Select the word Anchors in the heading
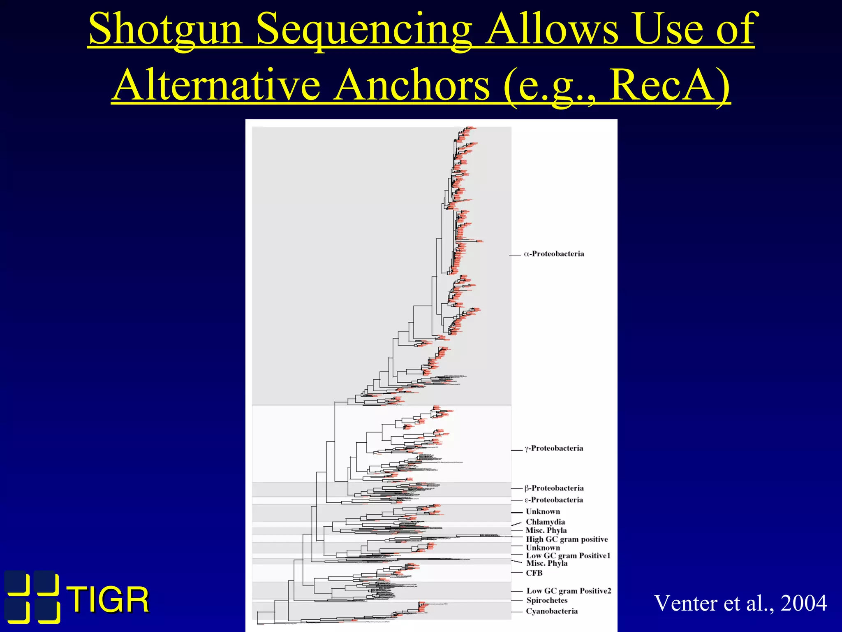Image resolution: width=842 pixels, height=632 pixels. pyautogui.click(x=411, y=86)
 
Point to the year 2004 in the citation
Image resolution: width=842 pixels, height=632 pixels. pyautogui.click(x=803, y=603)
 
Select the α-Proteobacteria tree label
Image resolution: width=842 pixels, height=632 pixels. pyautogui.click(x=554, y=254)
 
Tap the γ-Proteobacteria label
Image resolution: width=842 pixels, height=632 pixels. pyautogui.click(x=553, y=448)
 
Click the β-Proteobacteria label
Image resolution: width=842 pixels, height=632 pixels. pyautogui.click(x=554, y=488)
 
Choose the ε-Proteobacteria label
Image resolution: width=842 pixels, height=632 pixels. pyautogui.click(x=553, y=500)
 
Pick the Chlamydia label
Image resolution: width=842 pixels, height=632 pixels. pyautogui.click(x=545, y=522)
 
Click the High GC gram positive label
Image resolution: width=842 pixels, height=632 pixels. pyautogui.click(x=567, y=539)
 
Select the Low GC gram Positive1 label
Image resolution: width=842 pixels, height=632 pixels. pyautogui.click(x=568, y=555)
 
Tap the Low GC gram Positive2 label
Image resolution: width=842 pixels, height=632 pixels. pyautogui.click(x=569, y=591)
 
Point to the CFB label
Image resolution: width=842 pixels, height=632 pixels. pyautogui.click(x=534, y=573)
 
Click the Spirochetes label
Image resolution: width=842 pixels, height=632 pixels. pyautogui.click(x=547, y=600)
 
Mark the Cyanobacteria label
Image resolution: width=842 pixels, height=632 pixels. pyautogui.click(x=552, y=611)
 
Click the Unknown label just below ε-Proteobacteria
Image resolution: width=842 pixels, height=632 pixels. pyautogui.click(x=543, y=511)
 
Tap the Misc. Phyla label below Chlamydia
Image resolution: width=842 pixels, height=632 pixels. pyautogui.click(x=546, y=530)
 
